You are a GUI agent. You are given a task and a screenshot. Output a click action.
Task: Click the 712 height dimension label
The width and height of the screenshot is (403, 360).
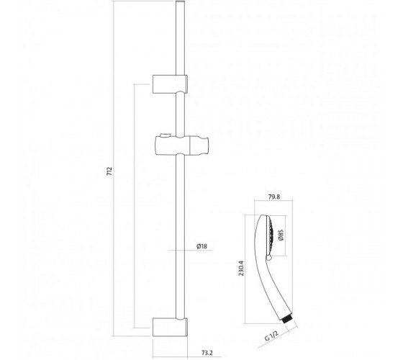[109, 171]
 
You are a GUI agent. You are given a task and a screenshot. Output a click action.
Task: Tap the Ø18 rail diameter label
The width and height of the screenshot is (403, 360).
[201, 246]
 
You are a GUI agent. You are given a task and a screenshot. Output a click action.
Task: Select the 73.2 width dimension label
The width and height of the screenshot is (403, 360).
[207, 353]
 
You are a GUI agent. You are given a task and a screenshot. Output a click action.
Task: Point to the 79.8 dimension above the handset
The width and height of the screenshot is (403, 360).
[274, 197]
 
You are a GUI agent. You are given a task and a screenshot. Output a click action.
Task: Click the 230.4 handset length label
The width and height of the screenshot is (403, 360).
[241, 268]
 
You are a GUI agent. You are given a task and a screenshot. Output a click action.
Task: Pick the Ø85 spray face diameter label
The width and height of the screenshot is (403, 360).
[281, 235]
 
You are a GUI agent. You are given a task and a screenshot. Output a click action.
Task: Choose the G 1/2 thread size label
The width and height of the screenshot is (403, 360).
[271, 336]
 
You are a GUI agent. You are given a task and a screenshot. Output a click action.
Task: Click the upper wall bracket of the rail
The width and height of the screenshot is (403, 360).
[170, 84]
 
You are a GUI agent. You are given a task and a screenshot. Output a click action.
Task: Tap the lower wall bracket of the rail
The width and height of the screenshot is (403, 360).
[170, 327]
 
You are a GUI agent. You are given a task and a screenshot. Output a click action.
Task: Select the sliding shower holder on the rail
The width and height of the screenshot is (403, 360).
[181, 145]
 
